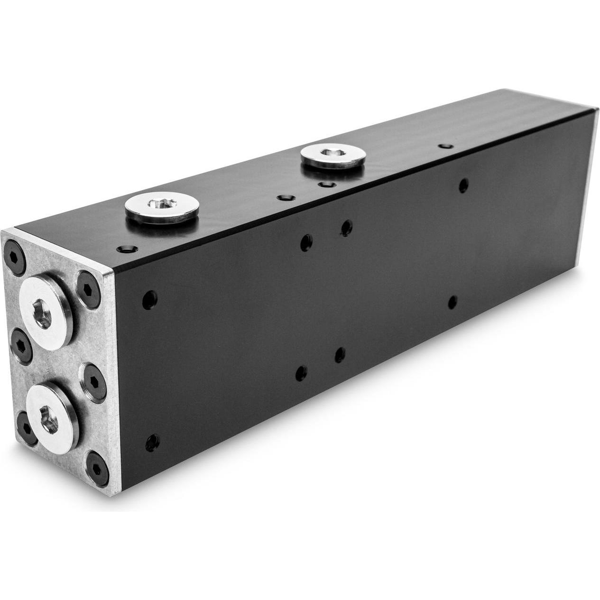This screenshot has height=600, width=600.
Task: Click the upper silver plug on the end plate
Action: pyautogui.click(x=45, y=313)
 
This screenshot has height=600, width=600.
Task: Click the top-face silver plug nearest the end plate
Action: pyautogui.click(x=162, y=206)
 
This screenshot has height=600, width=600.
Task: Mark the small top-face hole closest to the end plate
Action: pyautogui.click(x=127, y=249)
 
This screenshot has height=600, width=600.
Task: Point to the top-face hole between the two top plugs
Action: pyautogui.click(x=285, y=197)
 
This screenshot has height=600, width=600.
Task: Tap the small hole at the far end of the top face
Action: pyautogui.click(x=444, y=147)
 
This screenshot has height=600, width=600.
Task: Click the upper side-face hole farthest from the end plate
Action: pyautogui.click(x=463, y=185)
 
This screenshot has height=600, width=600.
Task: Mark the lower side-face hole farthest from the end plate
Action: pyautogui.click(x=452, y=302)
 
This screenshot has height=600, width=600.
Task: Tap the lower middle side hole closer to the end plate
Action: pyautogui.click(x=301, y=373)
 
